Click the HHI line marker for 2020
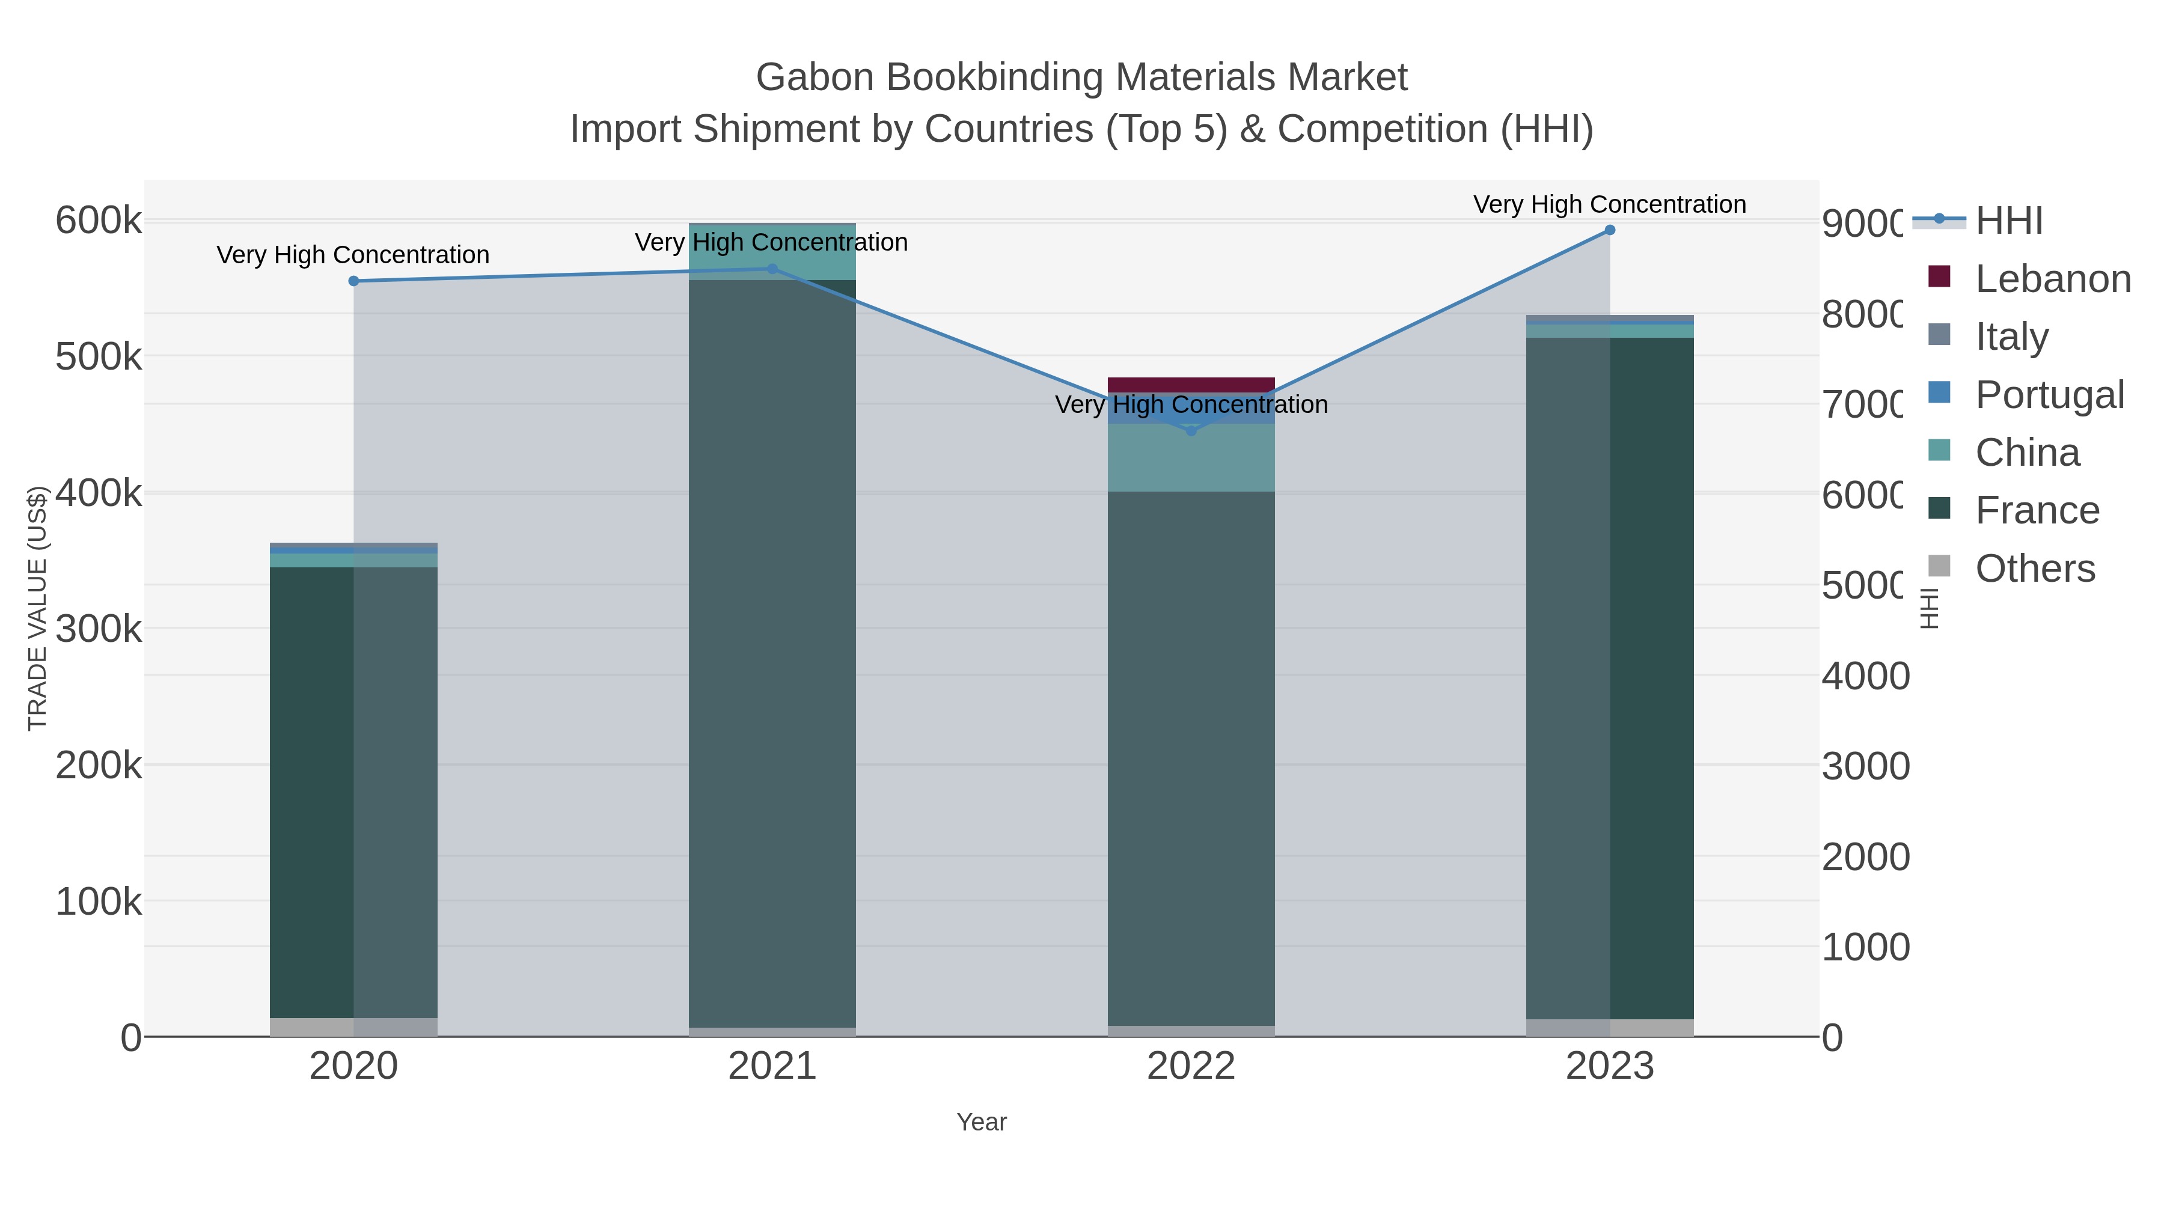point(353,281)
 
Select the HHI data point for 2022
point(1190,431)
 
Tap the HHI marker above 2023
point(1610,230)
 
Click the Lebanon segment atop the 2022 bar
point(1190,385)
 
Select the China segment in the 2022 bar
point(1190,458)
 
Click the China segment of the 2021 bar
point(772,252)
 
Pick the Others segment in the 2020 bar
point(353,1027)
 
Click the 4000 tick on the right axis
point(1865,676)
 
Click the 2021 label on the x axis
point(772,1067)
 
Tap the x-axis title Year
point(981,1122)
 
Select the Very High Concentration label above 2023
point(1610,204)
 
